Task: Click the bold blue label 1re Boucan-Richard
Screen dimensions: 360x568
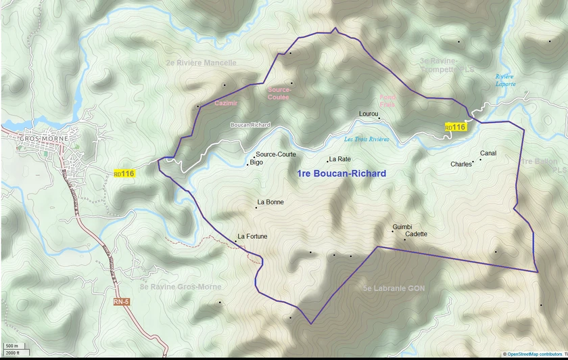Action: coord(341,174)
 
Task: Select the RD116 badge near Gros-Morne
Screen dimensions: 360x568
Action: coord(124,174)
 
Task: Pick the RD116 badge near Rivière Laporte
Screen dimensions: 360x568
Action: coord(456,127)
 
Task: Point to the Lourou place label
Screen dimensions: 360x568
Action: coord(369,114)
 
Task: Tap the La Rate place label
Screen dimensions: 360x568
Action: coord(339,159)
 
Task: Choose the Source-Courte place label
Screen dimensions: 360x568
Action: coord(276,154)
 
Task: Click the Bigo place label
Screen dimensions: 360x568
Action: coord(256,162)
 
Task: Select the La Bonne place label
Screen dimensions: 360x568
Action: coord(270,202)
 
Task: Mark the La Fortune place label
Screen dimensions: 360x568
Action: coord(252,236)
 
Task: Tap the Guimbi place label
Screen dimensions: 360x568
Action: coord(402,227)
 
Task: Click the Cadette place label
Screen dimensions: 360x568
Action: coord(416,234)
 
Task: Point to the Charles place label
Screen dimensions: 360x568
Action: coord(461,164)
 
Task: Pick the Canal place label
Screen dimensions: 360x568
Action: coord(488,153)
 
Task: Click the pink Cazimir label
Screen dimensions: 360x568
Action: coord(226,103)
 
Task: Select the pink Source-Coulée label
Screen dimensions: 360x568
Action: coord(279,93)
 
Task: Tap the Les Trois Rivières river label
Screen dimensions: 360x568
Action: coord(366,139)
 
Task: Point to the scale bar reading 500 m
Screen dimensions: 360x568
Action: coord(11,346)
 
